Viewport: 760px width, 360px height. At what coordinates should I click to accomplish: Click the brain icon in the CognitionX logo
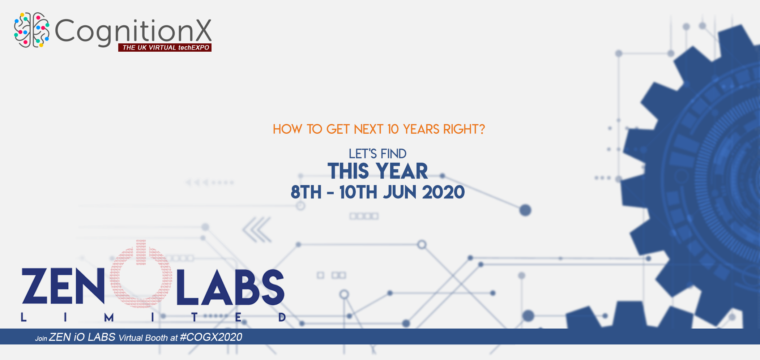pos(32,30)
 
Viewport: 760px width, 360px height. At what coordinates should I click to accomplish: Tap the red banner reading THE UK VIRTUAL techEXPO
pos(165,47)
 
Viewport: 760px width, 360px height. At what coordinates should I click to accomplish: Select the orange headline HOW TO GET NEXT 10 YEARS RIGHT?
pos(379,129)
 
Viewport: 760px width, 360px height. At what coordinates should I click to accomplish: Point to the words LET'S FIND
pos(377,154)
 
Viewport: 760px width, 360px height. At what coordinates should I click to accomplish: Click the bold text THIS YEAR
pos(378,171)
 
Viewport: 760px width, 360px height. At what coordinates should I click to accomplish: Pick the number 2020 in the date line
pos(443,192)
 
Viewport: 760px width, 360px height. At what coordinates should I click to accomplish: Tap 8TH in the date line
pos(306,192)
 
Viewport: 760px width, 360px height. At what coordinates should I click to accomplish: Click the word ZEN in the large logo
pos(63,286)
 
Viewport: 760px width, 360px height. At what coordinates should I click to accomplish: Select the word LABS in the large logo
pos(230,287)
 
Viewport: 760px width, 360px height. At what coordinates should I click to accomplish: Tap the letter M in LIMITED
pos(109,317)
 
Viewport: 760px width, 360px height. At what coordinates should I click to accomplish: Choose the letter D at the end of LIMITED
pos(282,317)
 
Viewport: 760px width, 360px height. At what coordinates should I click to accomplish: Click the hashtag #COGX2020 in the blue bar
pos(211,337)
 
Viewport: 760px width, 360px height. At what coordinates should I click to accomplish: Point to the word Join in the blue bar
pos(41,339)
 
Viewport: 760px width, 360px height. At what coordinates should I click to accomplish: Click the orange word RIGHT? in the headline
pos(464,129)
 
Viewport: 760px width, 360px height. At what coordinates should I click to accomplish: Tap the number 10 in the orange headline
pos(393,129)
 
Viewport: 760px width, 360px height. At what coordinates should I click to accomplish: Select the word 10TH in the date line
pos(358,192)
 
